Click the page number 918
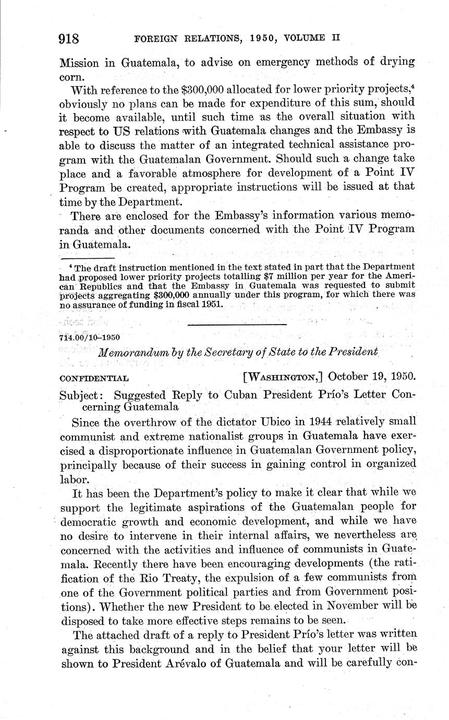69,39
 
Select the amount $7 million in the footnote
281,276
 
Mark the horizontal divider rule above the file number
237,325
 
